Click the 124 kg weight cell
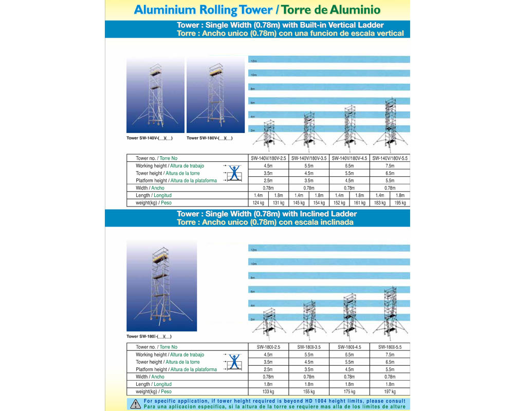(258, 203)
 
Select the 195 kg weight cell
(400, 203)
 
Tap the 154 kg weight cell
(319, 203)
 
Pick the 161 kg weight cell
(359, 203)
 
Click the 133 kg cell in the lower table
(268, 391)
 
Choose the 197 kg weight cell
(390, 391)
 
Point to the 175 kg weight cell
(349, 391)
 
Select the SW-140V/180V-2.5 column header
(268, 158)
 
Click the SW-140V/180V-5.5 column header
(390, 158)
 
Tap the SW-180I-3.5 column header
(308, 347)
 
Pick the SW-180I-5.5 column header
(390, 347)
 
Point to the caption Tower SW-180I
(149, 337)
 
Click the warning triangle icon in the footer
(135, 404)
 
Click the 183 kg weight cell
(380, 203)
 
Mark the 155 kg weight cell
(308, 391)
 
